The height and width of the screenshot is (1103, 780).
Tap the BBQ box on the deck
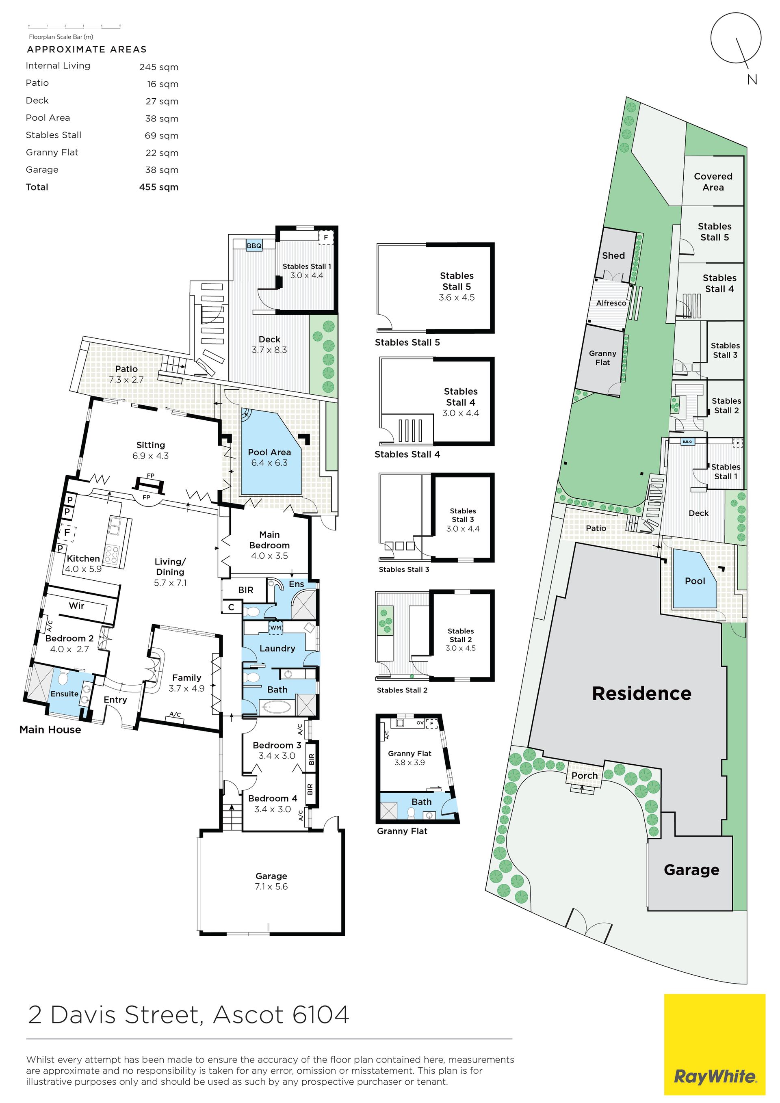pyautogui.click(x=254, y=245)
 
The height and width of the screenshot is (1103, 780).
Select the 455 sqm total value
pyautogui.click(x=158, y=187)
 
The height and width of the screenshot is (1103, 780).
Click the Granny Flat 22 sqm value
pyautogui.click(x=162, y=153)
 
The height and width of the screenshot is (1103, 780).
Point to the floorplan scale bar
pyautogui.click(x=74, y=26)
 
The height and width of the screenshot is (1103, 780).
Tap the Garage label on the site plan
pyautogui.click(x=691, y=870)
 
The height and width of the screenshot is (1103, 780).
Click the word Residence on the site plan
pyautogui.click(x=641, y=693)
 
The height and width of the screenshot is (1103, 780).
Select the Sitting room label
pyautogui.click(x=150, y=445)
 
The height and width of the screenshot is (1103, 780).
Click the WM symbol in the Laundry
pyautogui.click(x=275, y=627)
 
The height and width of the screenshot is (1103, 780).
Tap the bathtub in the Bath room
pyautogui.click(x=275, y=707)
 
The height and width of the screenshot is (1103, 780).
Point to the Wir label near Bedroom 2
pyautogui.click(x=76, y=605)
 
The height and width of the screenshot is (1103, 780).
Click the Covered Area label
pyautogui.click(x=713, y=182)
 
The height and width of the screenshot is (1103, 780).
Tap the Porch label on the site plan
pyautogui.click(x=585, y=775)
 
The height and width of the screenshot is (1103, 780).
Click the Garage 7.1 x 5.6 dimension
pyautogui.click(x=271, y=886)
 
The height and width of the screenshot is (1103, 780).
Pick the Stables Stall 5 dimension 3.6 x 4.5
pyautogui.click(x=457, y=297)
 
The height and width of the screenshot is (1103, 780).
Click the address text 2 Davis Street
pyautogui.click(x=113, y=1014)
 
